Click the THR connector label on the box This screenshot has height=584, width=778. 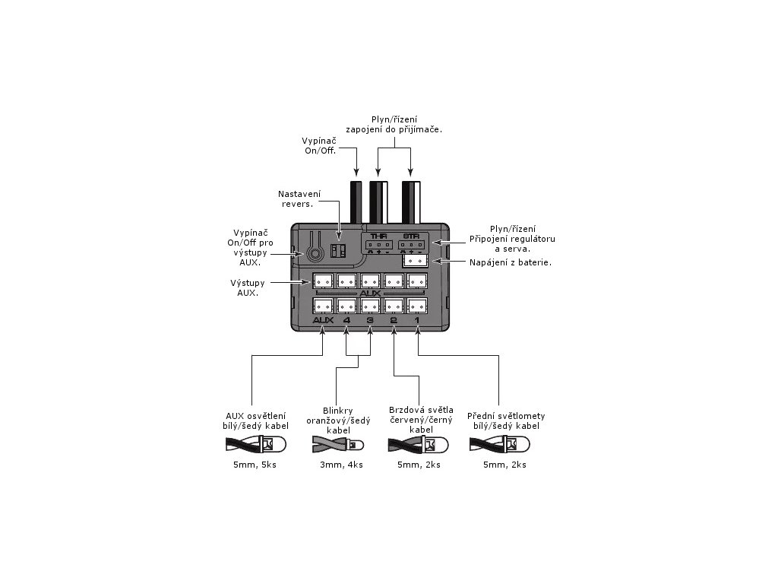coord(378,236)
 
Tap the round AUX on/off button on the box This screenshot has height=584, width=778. coord(314,254)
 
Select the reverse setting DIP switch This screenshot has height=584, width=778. coord(338,250)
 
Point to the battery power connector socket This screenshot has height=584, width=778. coord(416,261)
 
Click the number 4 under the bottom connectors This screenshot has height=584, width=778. coord(346,320)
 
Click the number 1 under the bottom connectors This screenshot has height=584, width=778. coord(417,320)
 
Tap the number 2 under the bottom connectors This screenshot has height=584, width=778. coord(394,320)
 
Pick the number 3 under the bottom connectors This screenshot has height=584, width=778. coord(370,320)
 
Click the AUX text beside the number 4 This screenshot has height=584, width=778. coord(323,320)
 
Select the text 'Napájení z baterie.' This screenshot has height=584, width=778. coord(511,262)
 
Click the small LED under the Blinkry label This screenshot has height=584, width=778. coord(356,444)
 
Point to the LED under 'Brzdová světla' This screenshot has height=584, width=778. coord(435,444)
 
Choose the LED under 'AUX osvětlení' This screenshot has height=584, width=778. coord(273,443)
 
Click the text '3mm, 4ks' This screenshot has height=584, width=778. coord(341,465)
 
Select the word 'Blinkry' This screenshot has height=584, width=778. coord(338,411)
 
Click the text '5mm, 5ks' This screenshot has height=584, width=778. coord(255,465)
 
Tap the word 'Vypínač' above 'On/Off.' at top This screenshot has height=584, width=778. coord(319,141)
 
